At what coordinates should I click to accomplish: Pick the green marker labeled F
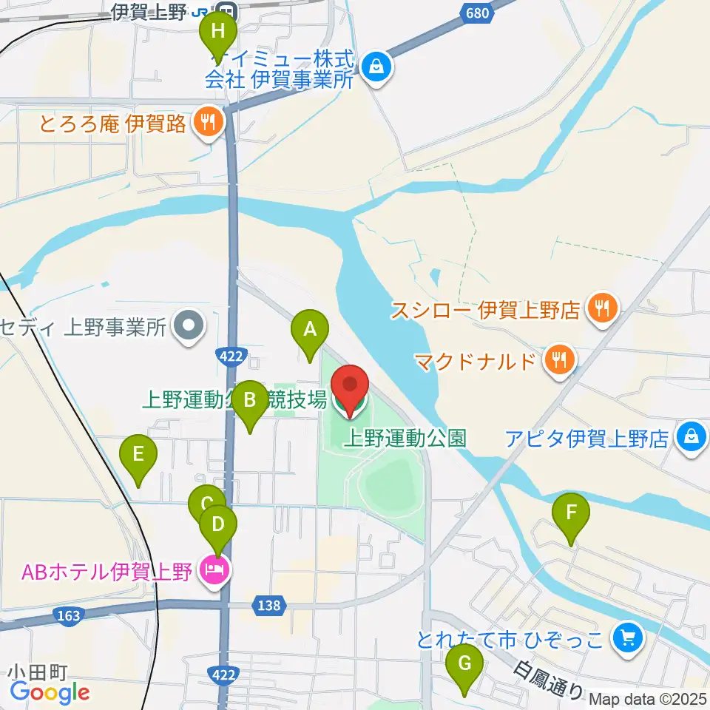click(x=571, y=513)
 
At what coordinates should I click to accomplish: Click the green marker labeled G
click(x=464, y=663)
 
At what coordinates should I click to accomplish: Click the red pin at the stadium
click(x=349, y=387)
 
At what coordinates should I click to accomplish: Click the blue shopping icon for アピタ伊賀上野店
click(x=691, y=437)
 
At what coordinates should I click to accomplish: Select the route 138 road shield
click(x=270, y=605)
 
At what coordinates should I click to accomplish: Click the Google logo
click(x=50, y=692)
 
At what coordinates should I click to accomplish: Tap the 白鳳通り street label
click(x=551, y=681)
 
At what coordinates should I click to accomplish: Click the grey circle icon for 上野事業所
click(x=189, y=325)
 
